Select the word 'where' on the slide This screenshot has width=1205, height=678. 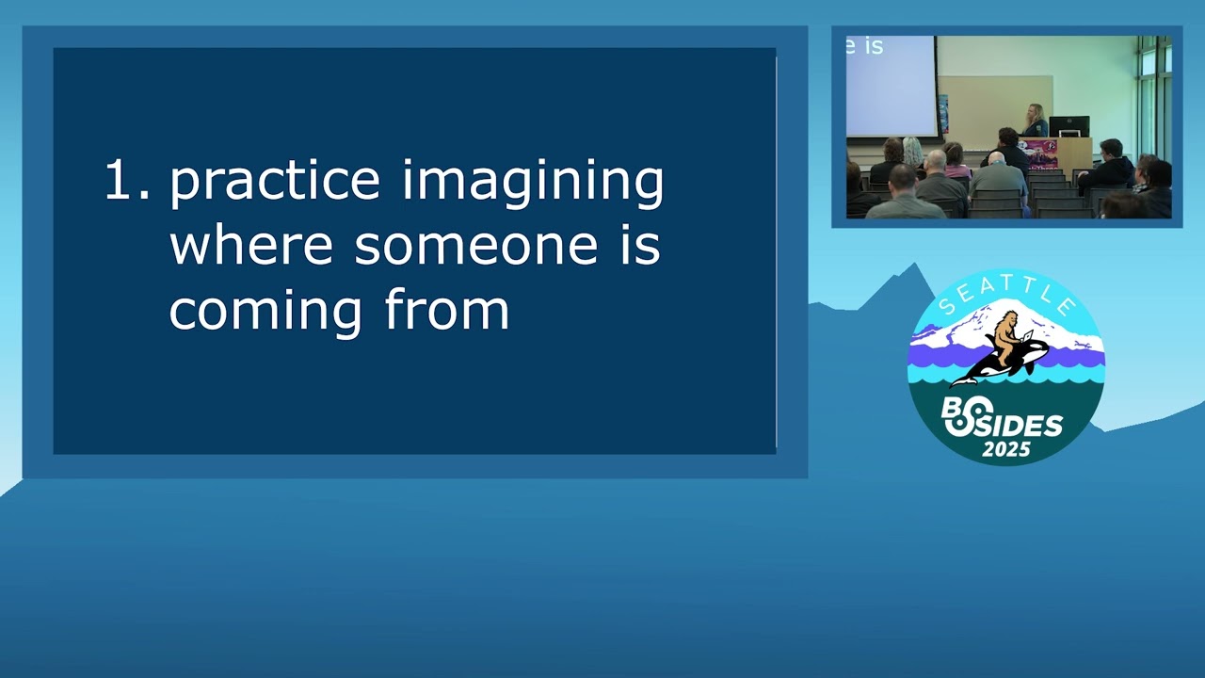tap(251, 246)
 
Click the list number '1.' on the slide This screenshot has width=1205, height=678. tap(127, 180)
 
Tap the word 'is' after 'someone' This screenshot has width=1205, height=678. tap(640, 246)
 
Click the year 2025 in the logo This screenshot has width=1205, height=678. tap(1006, 449)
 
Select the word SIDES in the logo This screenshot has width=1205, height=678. tap(1023, 426)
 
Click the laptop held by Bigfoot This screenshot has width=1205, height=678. tap(1027, 337)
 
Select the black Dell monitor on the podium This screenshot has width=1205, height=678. tap(1068, 127)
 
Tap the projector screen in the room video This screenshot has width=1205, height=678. tap(892, 86)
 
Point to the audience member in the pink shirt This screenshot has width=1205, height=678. tap(956, 161)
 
